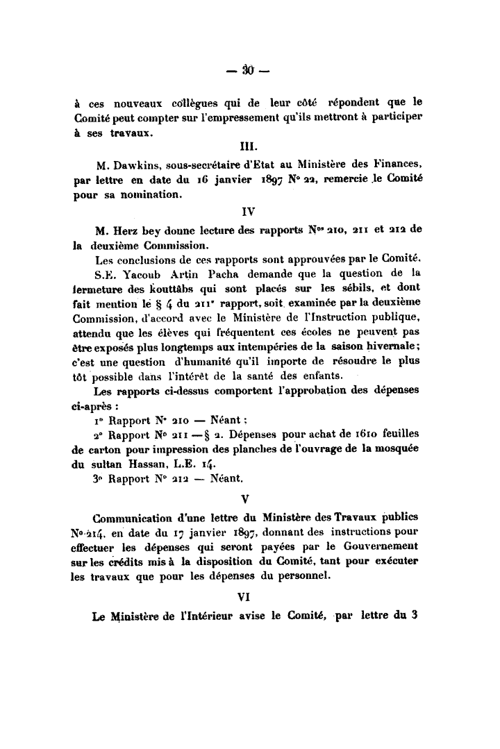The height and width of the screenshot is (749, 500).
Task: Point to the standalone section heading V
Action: point(248,498)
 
